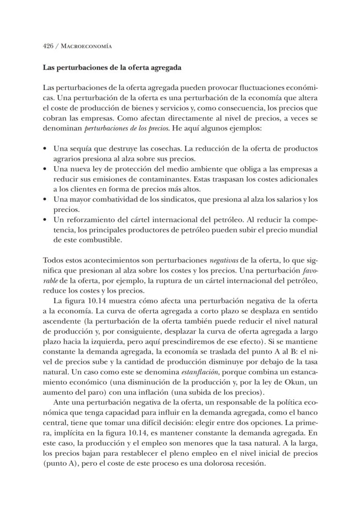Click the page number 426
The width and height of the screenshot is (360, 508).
pyautogui.click(x=48, y=46)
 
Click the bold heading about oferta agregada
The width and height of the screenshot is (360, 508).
pyautogui.click(x=112, y=68)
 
